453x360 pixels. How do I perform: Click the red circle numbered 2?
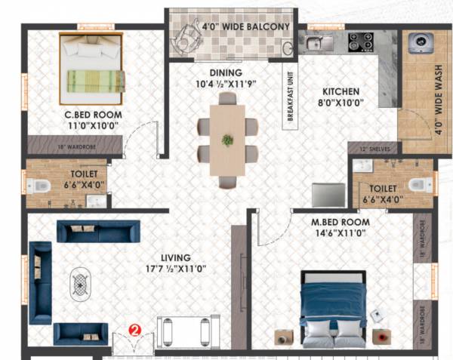pos(134,329)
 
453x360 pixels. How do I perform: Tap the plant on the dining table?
pos(227,139)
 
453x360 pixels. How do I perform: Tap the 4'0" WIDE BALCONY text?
pos(246,27)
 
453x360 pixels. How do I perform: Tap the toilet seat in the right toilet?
pos(419,183)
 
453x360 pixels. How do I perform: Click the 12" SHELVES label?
pos(375,149)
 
